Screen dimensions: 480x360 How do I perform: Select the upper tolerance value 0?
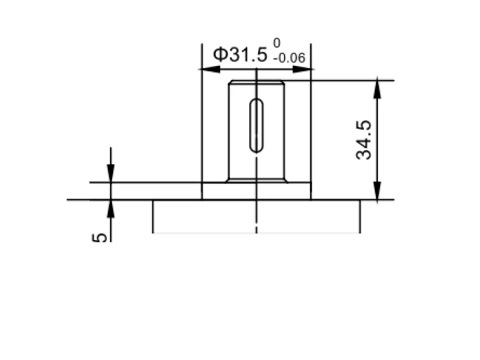[277, 43]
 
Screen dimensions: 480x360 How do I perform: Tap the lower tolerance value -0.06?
[289, 58]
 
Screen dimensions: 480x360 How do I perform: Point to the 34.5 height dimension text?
[364, 140]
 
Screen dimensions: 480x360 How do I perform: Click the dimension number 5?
[100, 237]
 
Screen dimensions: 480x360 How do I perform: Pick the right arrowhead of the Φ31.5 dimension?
[303, 69]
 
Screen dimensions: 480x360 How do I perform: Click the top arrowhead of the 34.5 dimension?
[377, 87]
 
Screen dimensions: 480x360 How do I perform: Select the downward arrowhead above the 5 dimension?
[111, 173]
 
